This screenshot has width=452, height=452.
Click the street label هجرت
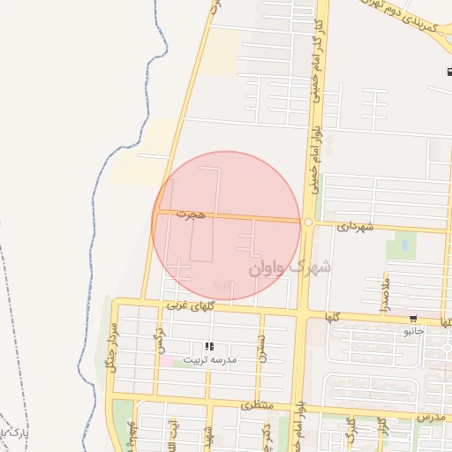coord(190,215)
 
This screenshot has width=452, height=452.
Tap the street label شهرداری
coord(356,228)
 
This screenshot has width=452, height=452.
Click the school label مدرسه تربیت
coord(210,360)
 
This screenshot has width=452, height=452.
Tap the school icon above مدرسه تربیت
coord(209,347)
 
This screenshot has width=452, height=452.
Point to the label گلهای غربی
coord(191,305)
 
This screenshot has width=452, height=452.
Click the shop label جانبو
coord(414,331)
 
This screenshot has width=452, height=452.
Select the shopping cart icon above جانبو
coord(413,319)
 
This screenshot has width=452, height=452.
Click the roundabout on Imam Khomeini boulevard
coord(308,222)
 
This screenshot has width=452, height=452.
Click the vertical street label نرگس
coord(161,340)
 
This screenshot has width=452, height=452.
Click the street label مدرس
coord(429,416)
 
